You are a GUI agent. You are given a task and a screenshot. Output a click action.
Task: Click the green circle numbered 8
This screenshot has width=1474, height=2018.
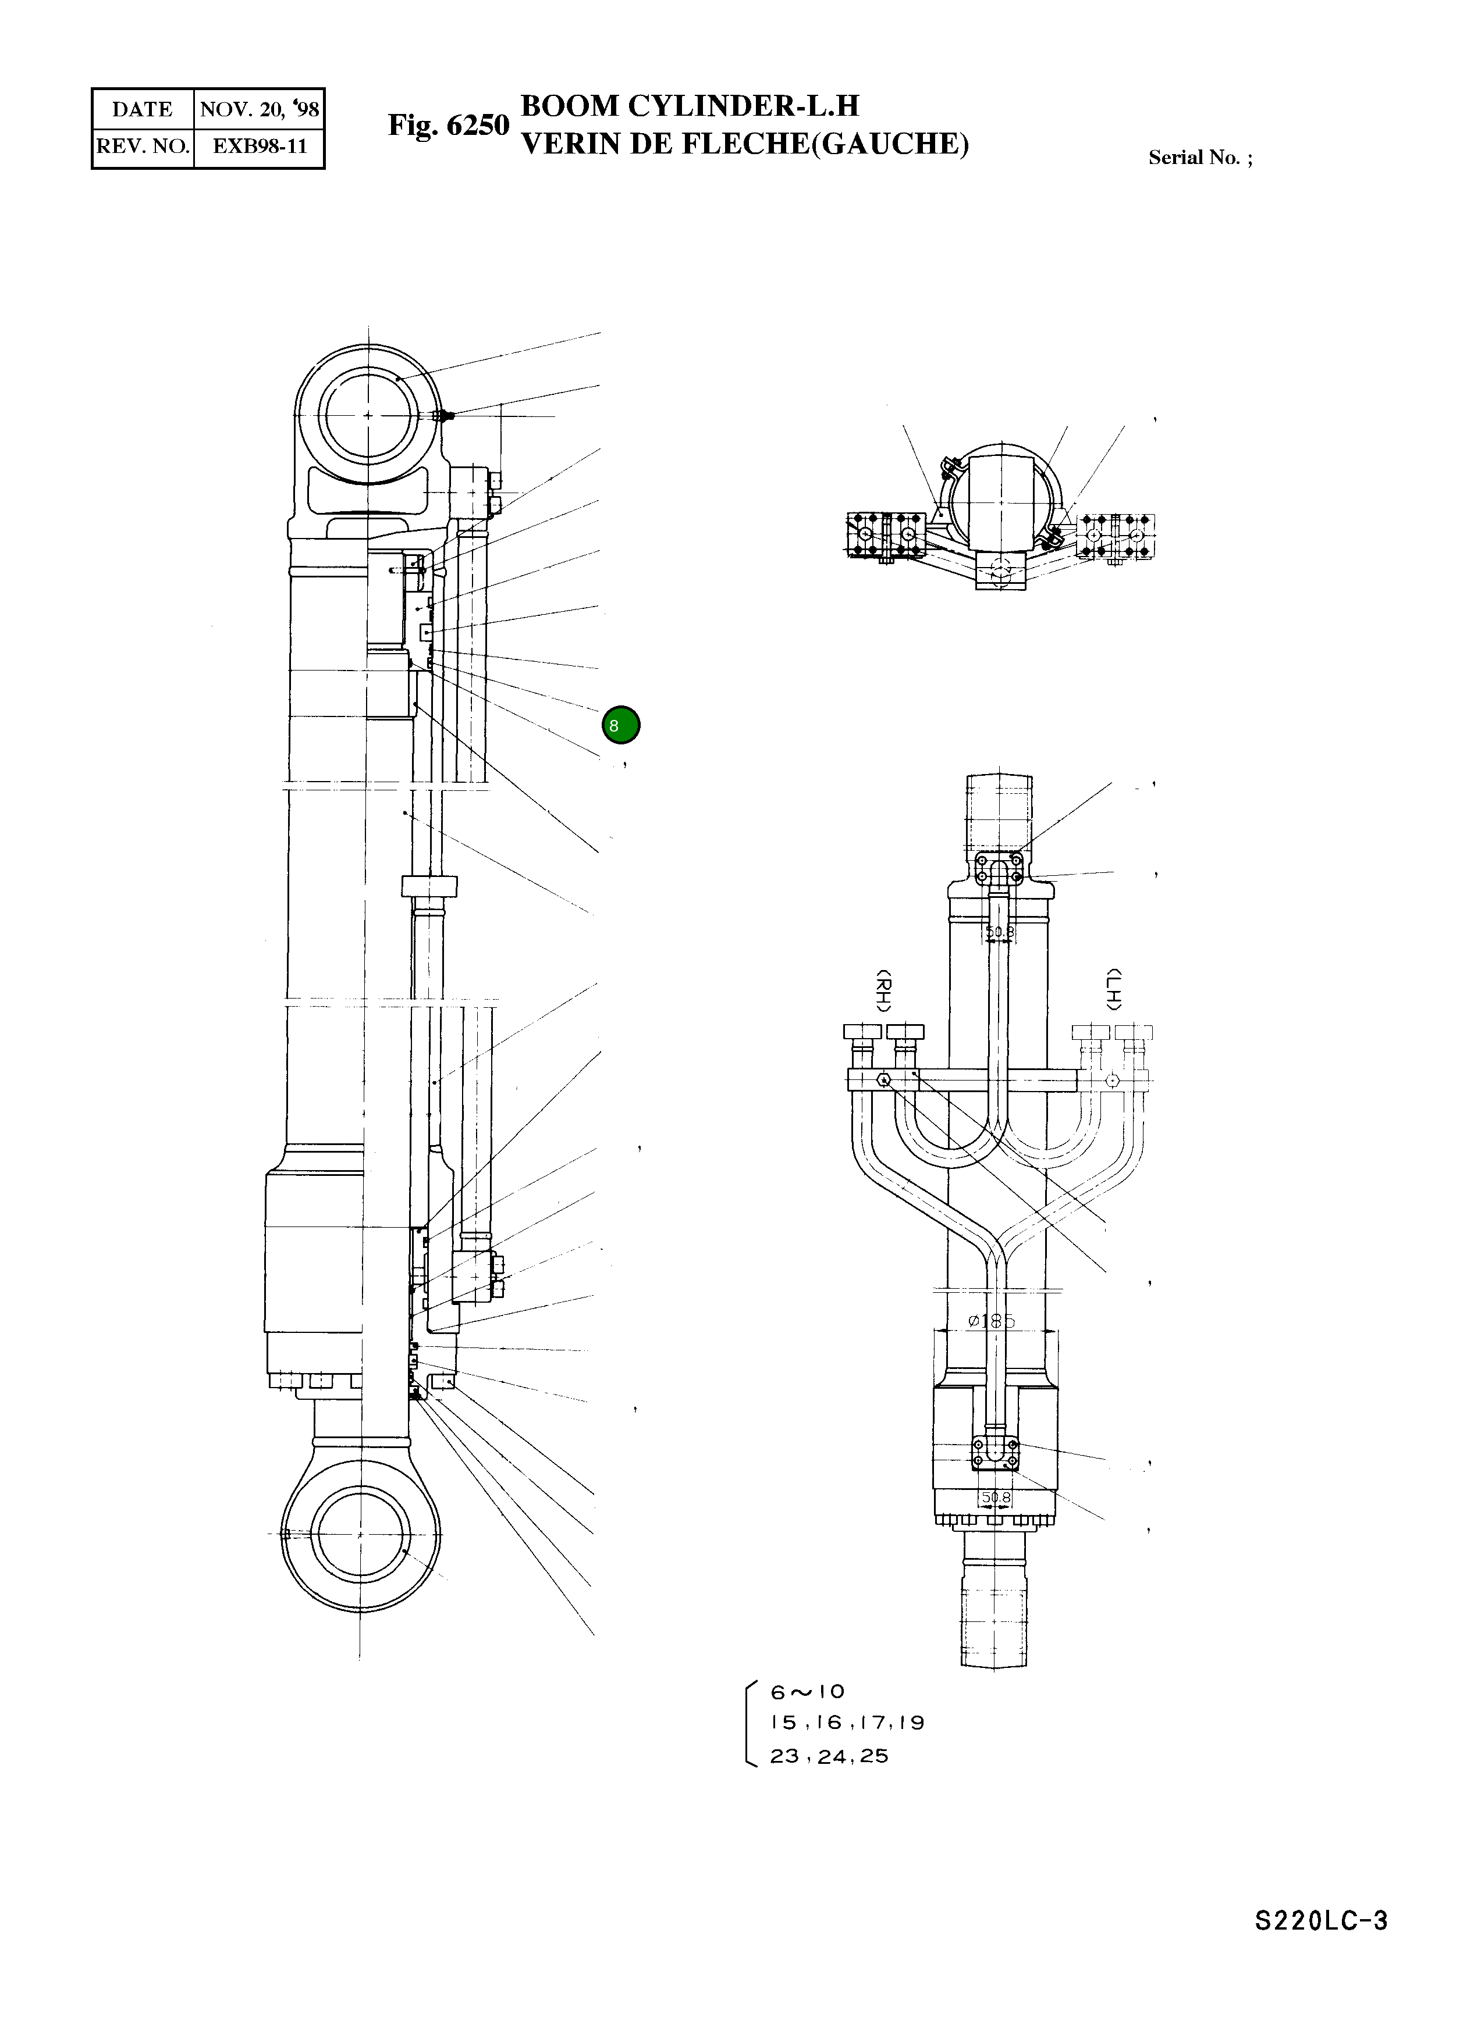tap(620, 725)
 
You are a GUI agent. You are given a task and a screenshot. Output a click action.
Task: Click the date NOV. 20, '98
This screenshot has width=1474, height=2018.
tap(259, 110)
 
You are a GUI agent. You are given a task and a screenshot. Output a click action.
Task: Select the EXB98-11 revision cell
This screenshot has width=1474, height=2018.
tap(259, 146)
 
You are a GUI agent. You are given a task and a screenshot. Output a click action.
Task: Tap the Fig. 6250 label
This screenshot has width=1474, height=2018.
tap(448, 126)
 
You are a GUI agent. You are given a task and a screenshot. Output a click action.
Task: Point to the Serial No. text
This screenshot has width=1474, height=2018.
tap(1199, 158)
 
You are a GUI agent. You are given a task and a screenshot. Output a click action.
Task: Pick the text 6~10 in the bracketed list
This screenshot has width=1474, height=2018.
tap(808, 1692)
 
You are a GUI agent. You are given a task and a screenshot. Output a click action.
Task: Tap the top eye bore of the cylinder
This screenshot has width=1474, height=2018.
tap(368, 416)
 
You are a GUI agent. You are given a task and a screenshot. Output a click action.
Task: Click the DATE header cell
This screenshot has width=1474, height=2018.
tap(142, 110)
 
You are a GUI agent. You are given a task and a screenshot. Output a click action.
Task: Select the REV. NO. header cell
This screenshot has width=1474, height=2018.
tap(143, 146)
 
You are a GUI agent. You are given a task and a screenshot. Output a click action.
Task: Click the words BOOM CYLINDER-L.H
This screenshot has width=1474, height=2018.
tap(689, 106)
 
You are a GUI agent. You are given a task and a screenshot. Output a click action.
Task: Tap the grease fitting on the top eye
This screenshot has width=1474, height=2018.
tap(445, 416)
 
